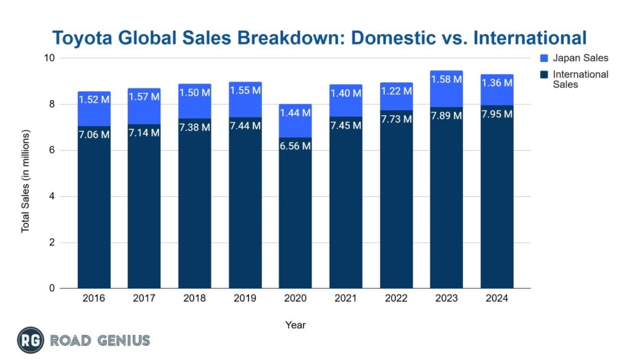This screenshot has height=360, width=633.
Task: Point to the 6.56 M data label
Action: pos(295,146)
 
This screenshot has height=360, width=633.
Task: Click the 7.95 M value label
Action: pos(497,114)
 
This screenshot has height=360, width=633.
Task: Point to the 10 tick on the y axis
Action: pos(49,58)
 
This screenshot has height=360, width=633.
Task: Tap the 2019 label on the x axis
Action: pos(245,298)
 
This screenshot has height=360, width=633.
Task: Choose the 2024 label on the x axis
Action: pos(497,298)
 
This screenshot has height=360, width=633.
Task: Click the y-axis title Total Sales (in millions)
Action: pos(26,181)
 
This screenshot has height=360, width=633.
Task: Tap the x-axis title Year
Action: pos(295,325)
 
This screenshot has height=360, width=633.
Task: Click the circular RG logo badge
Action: pos(29,340)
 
